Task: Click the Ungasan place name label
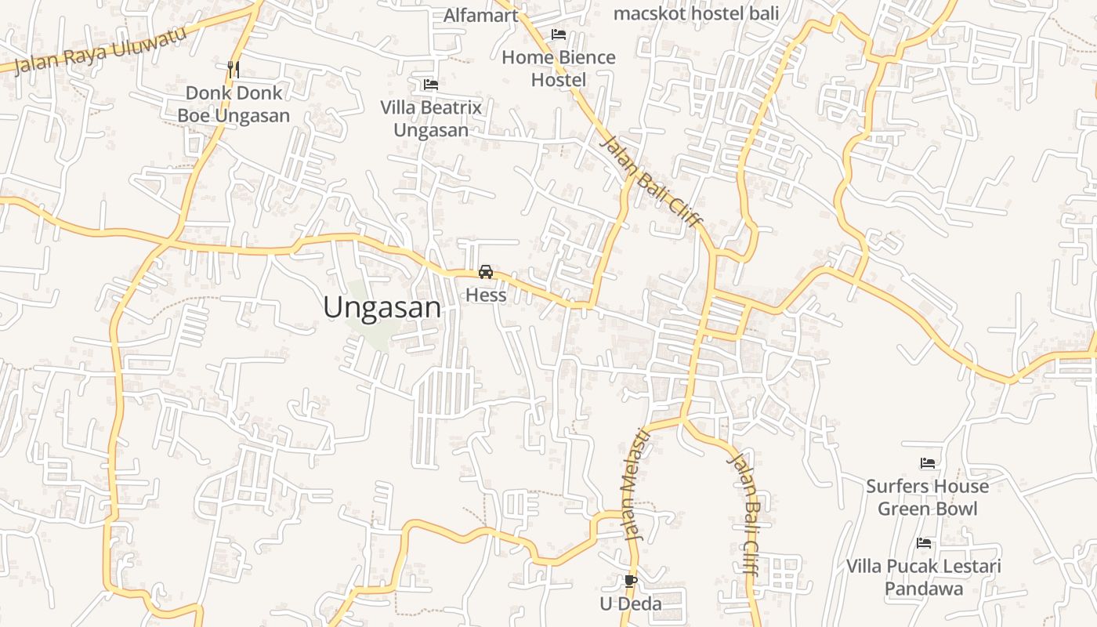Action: pos(382,307)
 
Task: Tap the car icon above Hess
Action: pos(486,272)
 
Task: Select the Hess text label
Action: pos(486,295)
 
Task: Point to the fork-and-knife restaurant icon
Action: pos(233,69)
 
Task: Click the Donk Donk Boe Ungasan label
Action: pos(234,104)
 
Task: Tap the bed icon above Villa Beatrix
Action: pos(430,84)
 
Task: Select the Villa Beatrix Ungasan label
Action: pos(431,118)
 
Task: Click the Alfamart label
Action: pos(481,15)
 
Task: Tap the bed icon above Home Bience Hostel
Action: pos(559,34)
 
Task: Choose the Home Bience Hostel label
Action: pos(559,68)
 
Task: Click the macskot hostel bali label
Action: pos(696,13)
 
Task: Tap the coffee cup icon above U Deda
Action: pos(630,581)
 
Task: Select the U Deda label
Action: pos(631,603)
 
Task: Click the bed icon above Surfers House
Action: pos(928,463)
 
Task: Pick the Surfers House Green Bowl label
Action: pos(928,497)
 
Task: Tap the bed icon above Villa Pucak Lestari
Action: pos(924,543)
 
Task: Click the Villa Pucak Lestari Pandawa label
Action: pos(924,577)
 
